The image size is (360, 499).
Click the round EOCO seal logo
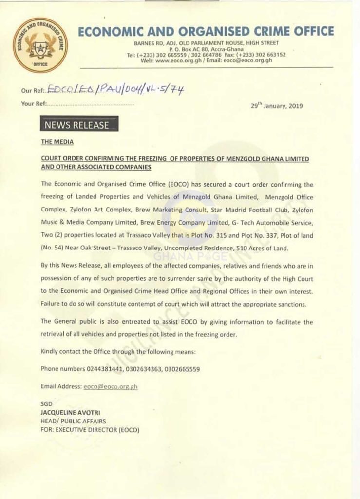40,45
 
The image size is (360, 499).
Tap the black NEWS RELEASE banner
79,125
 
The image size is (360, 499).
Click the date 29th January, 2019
276,106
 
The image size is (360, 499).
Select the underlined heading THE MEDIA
57,142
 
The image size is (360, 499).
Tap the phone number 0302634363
144,369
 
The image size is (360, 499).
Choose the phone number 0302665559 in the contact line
183,369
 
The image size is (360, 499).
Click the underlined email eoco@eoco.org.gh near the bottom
111,386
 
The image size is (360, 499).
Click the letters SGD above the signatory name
47,404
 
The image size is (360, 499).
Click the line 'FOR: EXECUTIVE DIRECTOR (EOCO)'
90,430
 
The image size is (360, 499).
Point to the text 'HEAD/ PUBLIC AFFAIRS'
74,421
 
